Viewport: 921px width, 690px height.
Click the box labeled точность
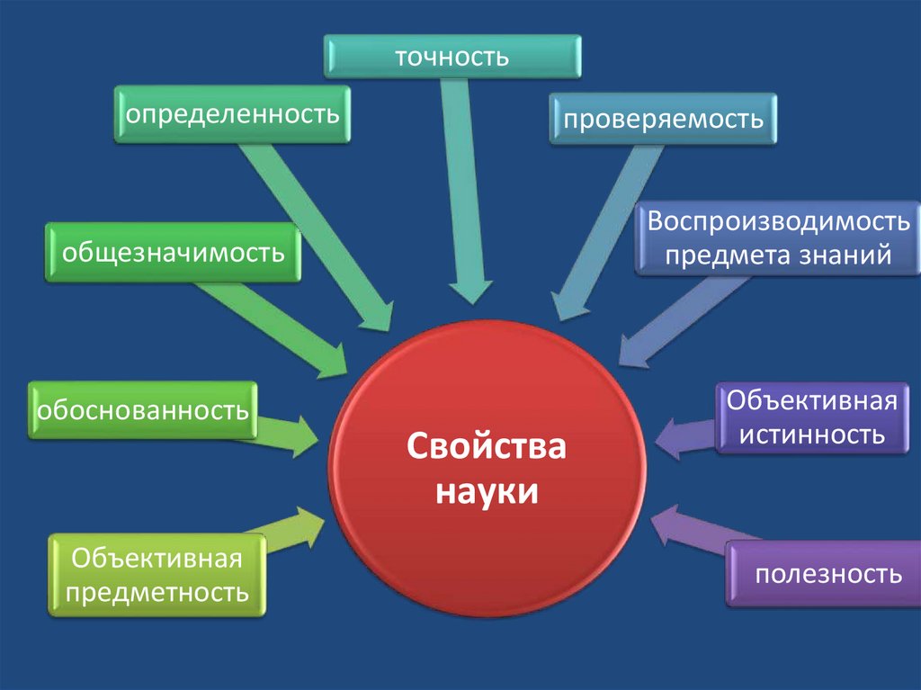[452, 57]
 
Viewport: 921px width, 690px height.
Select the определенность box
[232, 114]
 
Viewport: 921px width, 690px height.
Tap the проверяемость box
[663, 119]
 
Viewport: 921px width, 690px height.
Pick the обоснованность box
[142, 410]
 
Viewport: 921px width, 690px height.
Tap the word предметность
[157, 592]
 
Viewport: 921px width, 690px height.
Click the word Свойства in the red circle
[487, 447]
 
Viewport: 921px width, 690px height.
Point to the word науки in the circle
[487, 492]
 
